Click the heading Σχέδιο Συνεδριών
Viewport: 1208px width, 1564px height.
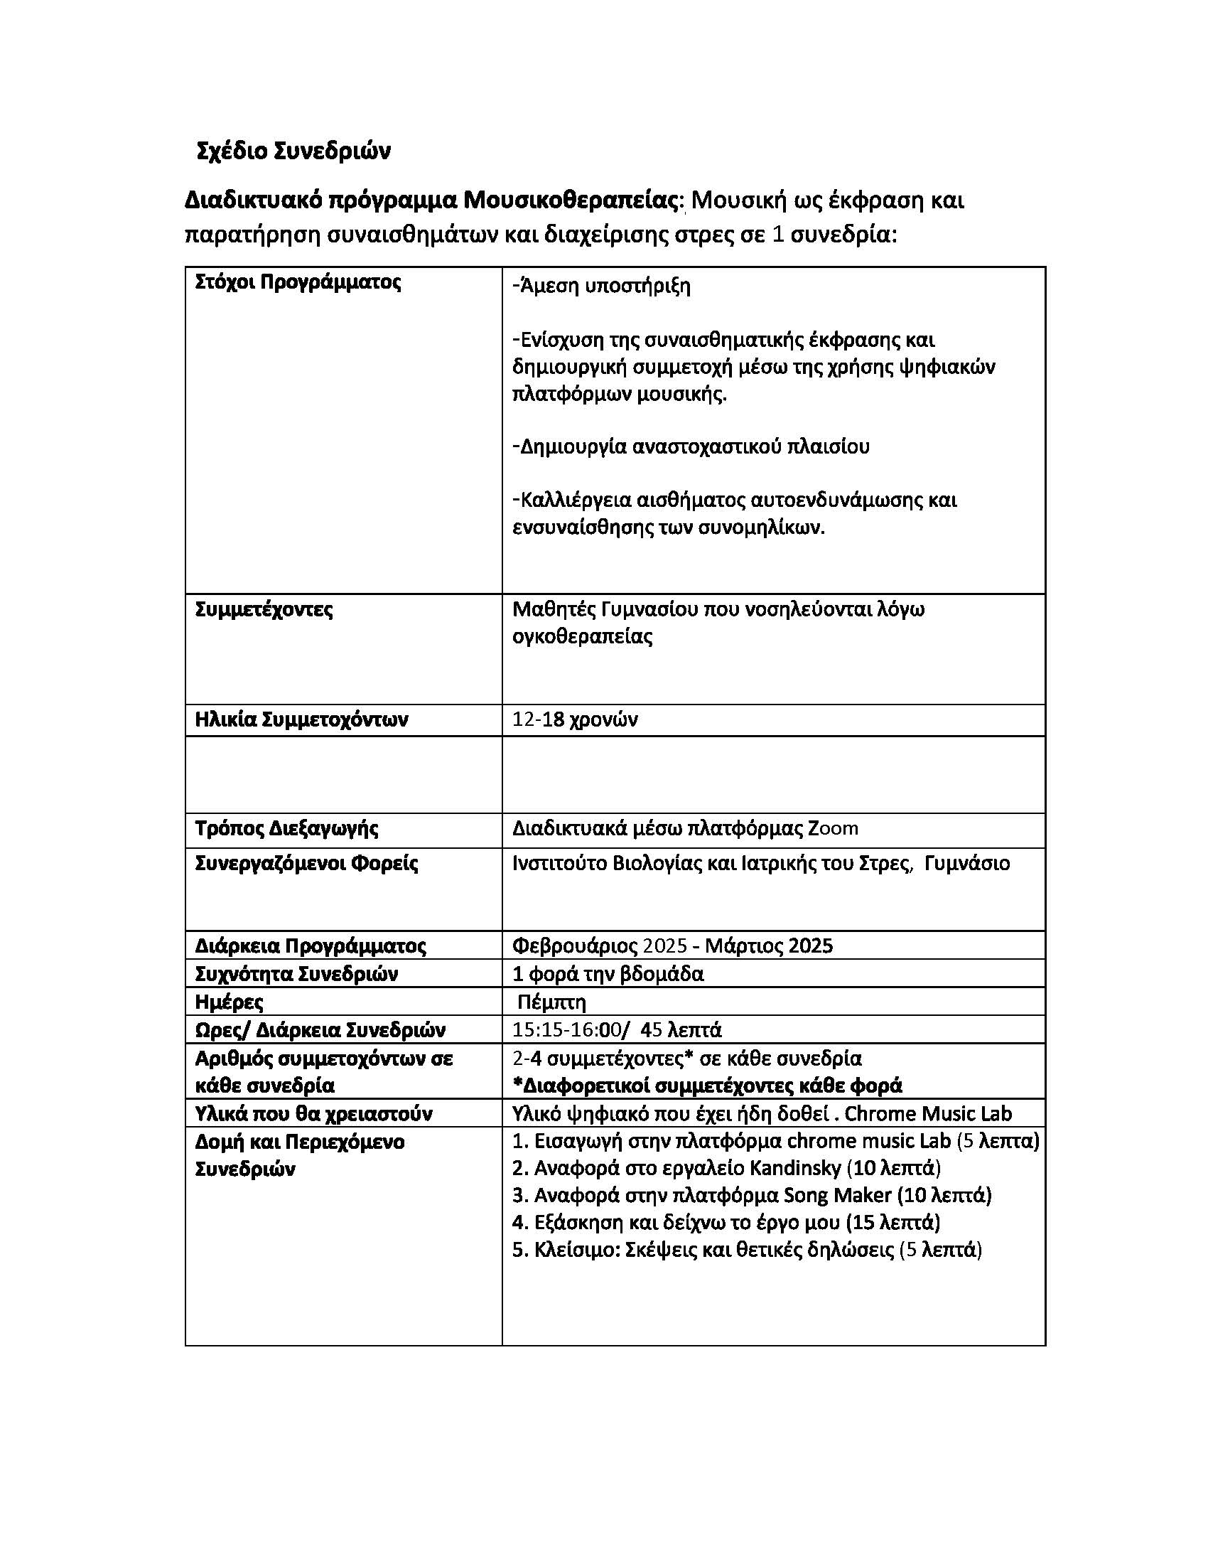pos(293,152)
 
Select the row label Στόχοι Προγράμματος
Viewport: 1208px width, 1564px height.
pos(298,282)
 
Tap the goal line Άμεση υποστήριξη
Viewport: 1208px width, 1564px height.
pos(602,286)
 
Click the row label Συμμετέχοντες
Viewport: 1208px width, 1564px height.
pos(264,609)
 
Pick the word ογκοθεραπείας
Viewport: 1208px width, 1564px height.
pos(583,636)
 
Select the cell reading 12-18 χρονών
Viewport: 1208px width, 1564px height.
pos(575,719)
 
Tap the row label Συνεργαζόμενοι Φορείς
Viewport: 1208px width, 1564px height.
pos(306,863)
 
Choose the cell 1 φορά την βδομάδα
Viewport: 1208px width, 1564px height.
pos(608,974)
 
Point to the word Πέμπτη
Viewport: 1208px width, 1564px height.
pos(551,1002)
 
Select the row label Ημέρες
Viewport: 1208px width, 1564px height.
pos(229,1002)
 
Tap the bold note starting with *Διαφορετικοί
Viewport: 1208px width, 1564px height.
pos(708,1086)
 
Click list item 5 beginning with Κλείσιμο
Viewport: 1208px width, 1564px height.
pos(747,1250)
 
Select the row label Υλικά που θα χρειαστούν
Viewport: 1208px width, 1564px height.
pos(313,1113)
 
